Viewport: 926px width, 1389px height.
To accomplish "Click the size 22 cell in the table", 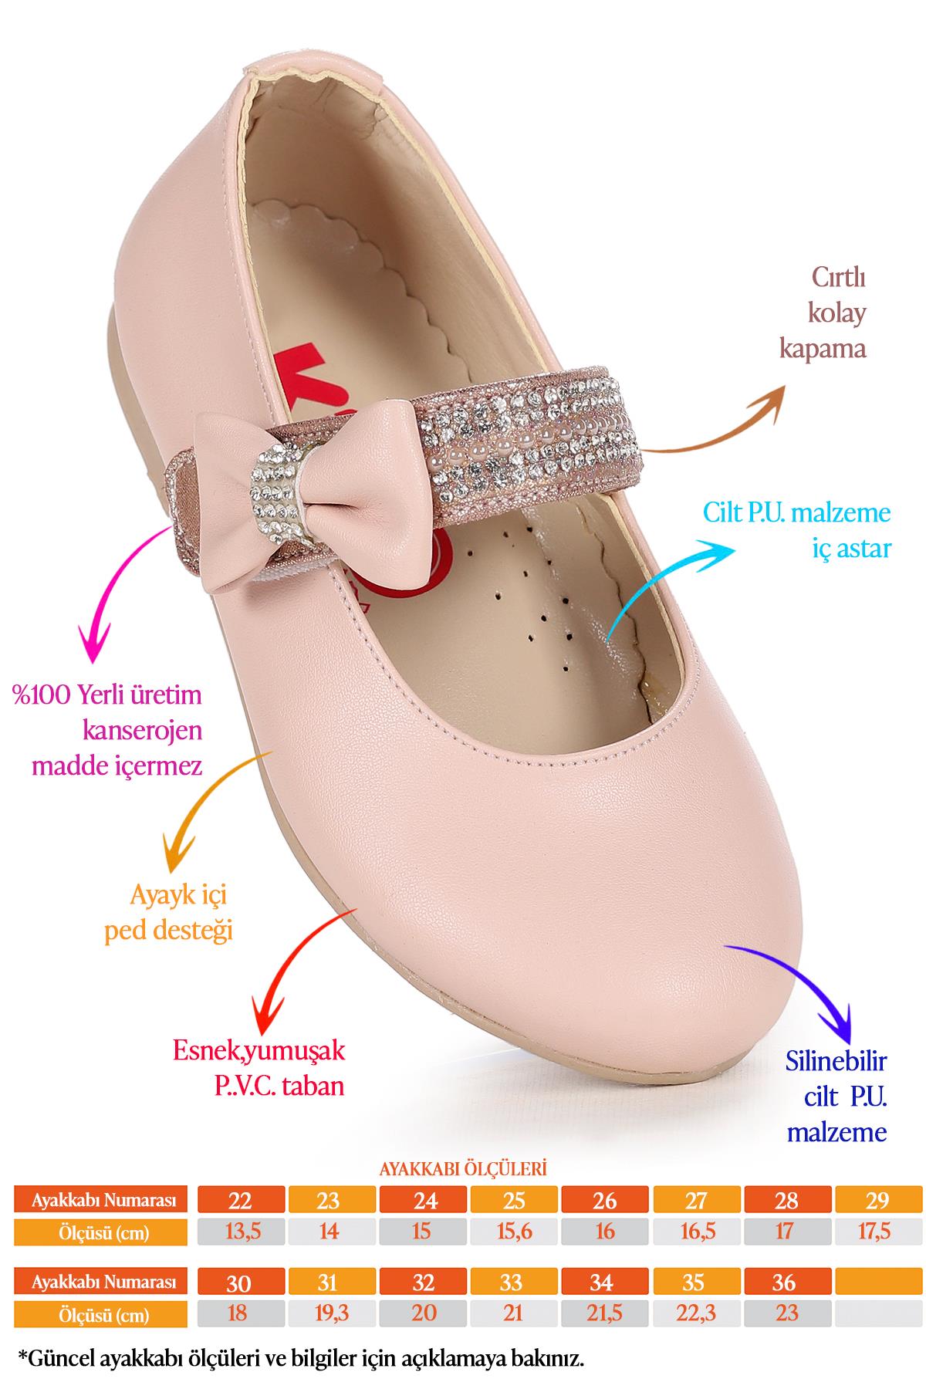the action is coord(241,1201).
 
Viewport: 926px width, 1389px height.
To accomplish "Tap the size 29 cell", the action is coord(878,1201).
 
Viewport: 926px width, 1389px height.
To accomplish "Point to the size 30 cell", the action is coord(241,1283).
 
